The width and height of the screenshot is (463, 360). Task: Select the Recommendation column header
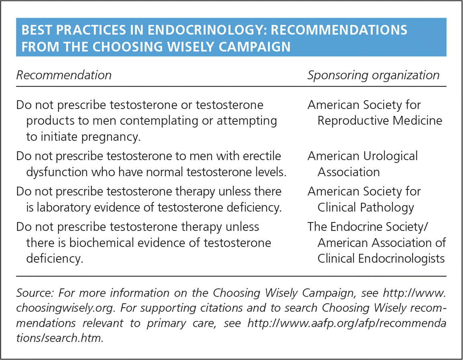pyautogui.click(x=64, y=75)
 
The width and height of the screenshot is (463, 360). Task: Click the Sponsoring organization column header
pyautogui.click(x=373, y=75)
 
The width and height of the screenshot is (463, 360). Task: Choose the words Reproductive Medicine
pyautogui.click(x=380, y=121)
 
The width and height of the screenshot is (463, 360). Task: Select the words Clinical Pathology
pyautogui.click(x=365, y=208)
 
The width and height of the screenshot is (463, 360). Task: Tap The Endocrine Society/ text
pyautogui.click(x=368, y=227)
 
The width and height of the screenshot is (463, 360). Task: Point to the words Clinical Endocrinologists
pyautogui.click(x=381, y=259)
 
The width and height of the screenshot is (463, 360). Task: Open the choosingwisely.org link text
pyautogui.click(x=64, y=308)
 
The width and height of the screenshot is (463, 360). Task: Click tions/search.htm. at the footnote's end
pyautogui.click(x=60, y=338)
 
